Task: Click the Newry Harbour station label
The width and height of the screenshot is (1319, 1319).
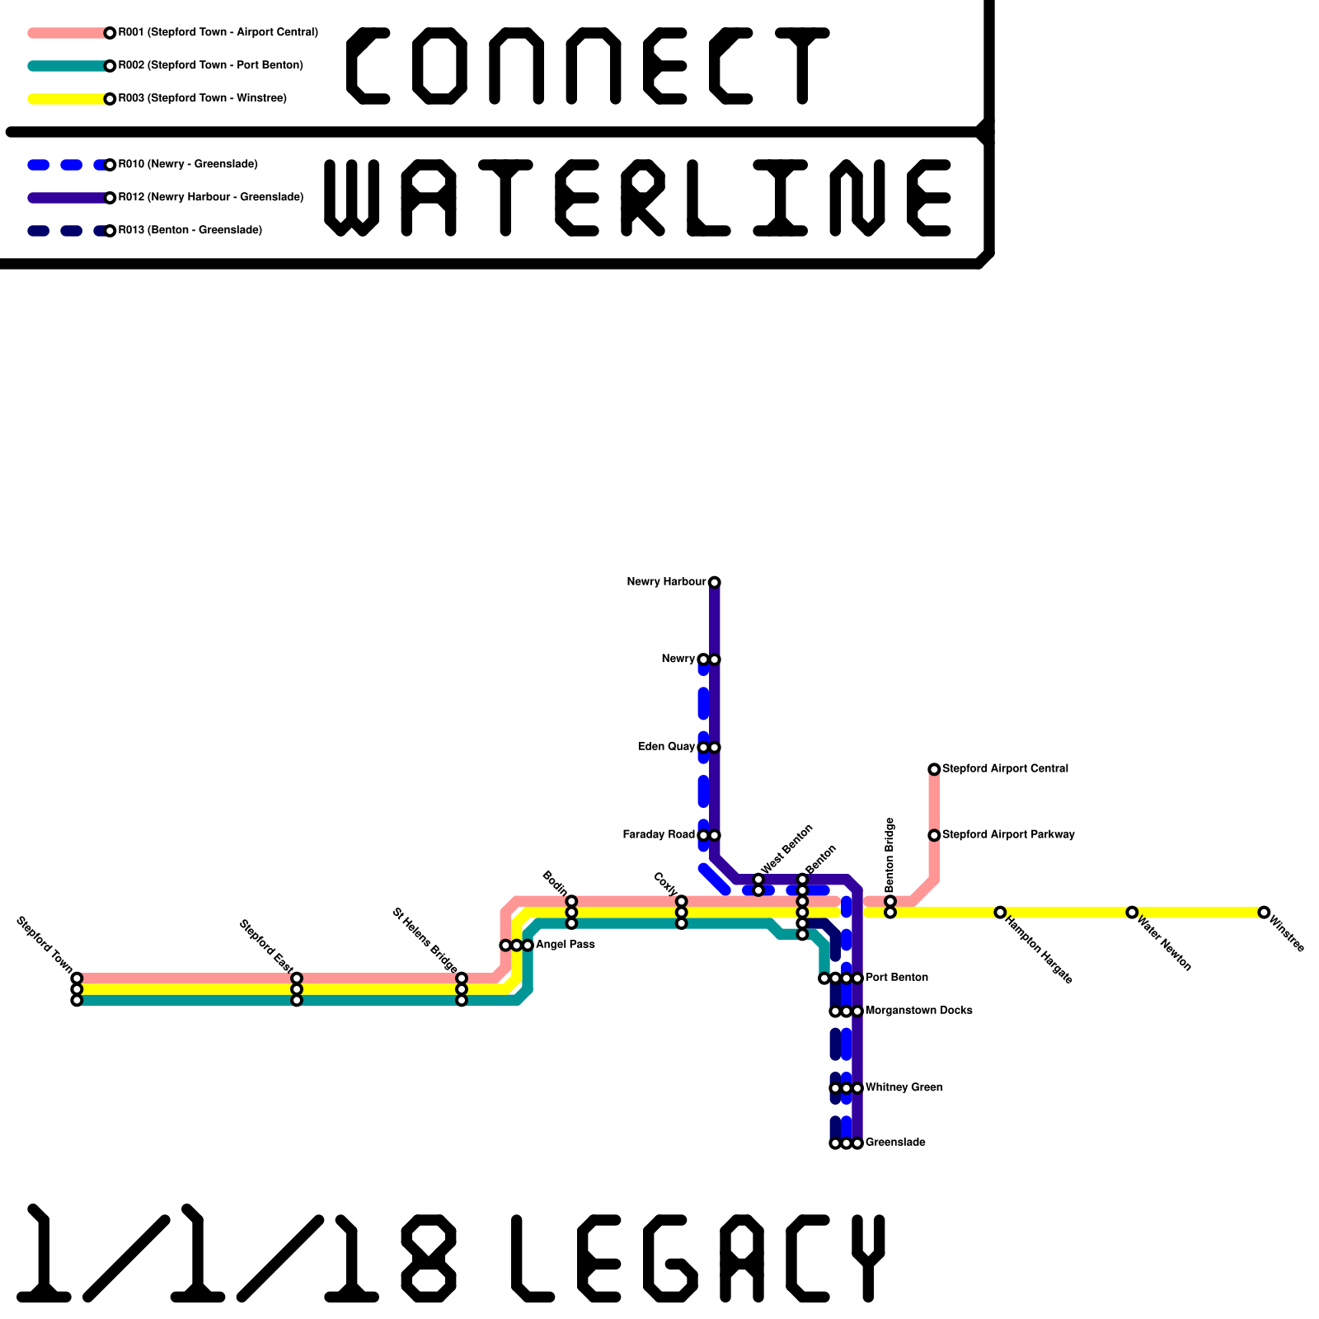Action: pos(666,582)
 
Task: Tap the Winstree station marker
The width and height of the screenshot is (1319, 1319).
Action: pos(1264,912)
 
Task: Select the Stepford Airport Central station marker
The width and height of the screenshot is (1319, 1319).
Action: pos(934,769)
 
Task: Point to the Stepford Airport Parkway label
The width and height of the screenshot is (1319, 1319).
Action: pos(1008,835)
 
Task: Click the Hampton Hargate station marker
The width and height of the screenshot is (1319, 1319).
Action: pos(1000,912)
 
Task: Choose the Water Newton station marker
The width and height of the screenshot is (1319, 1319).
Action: pos(1132,912)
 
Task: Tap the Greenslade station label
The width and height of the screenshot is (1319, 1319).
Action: pos(895,1143)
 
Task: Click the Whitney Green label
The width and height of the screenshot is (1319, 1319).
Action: pos(904,1087)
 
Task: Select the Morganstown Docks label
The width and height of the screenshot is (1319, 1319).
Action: pos(918,1011)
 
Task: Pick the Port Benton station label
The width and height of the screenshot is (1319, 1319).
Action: pos(897,978)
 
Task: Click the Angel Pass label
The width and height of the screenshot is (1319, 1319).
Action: pos(566,945)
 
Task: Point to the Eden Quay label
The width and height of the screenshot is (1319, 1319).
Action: pos(666,747)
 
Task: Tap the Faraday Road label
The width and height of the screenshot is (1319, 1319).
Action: pos(659,835)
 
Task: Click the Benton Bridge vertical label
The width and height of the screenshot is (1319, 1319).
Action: pos(890,855)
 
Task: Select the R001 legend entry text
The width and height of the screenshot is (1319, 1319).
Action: pos(218,33)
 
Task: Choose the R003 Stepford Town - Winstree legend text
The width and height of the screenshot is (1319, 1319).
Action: pos(202,99)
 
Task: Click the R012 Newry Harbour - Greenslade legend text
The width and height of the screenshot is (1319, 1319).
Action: pos(210,198)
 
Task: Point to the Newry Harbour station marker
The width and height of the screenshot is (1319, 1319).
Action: pos(715,583)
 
